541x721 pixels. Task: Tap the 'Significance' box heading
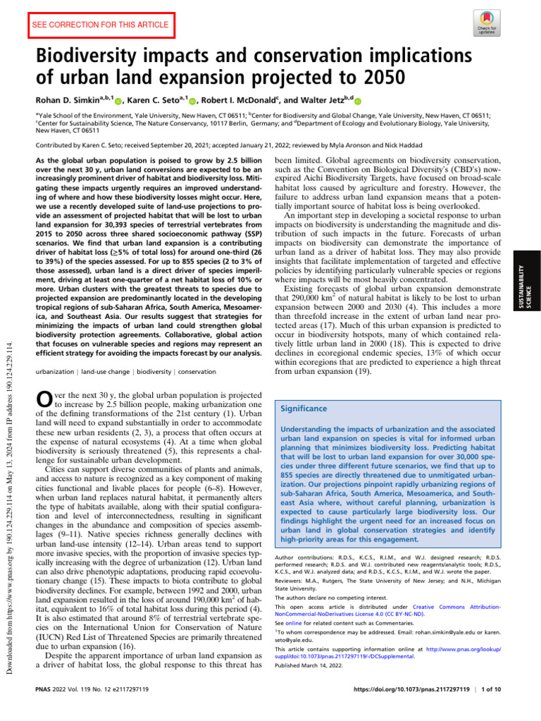[x=304, y=408]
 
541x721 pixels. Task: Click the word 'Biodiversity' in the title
[x=104, y=54]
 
